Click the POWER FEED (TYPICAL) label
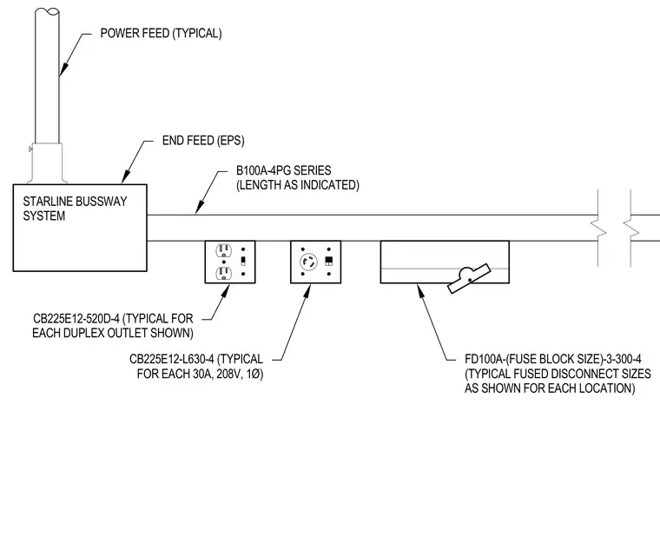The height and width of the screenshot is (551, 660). tap(161, 33)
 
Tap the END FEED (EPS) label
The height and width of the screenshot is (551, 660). tap(203, 140)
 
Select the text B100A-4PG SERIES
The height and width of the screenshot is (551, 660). tap(283, 170)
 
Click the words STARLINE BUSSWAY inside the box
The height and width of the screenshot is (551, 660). tap(75, 202)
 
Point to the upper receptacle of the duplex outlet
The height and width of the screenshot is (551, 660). tap(223, 250)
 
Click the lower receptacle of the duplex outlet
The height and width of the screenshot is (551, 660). tap(223, 274)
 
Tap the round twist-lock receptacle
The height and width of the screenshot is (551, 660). tap(308, 262)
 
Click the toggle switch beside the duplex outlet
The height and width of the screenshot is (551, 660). tap(243, 262)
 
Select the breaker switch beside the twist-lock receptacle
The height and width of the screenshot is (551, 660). tap(329, 262)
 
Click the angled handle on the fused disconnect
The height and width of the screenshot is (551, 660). tap(469, 278)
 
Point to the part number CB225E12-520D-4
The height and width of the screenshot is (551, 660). tap(76, 318)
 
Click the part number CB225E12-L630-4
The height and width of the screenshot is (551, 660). tap(172, 359)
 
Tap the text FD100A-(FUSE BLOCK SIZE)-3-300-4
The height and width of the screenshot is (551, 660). tap(553, 359)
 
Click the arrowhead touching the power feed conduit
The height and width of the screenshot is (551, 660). tap(63, 70)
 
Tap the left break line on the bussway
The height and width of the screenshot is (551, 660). tap(598, 228)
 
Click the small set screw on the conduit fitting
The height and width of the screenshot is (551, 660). tap(30, 149)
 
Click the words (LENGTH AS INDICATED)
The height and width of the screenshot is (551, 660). tap(298, 185)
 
